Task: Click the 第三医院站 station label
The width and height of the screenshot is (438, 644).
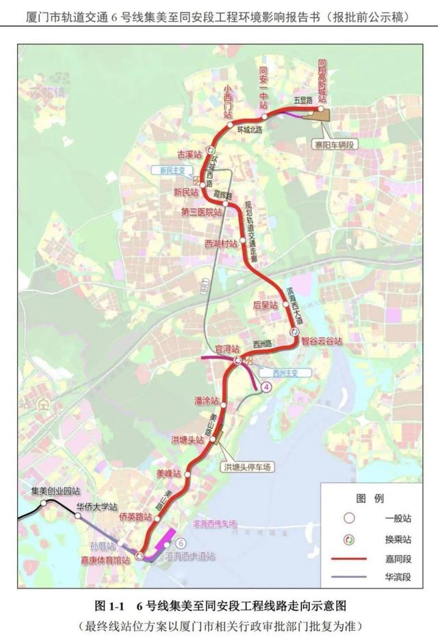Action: (x=202, y=212)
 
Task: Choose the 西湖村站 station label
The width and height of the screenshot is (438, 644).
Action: (x=221, y=243)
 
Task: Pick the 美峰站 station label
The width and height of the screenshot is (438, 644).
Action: (x=168, y=473)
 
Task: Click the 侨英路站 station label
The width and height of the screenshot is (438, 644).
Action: (x=135, y=516)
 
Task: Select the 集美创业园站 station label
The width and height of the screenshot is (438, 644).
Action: (x=56, y=491)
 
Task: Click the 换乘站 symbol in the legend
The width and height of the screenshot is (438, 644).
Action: (x=349, y=539)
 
